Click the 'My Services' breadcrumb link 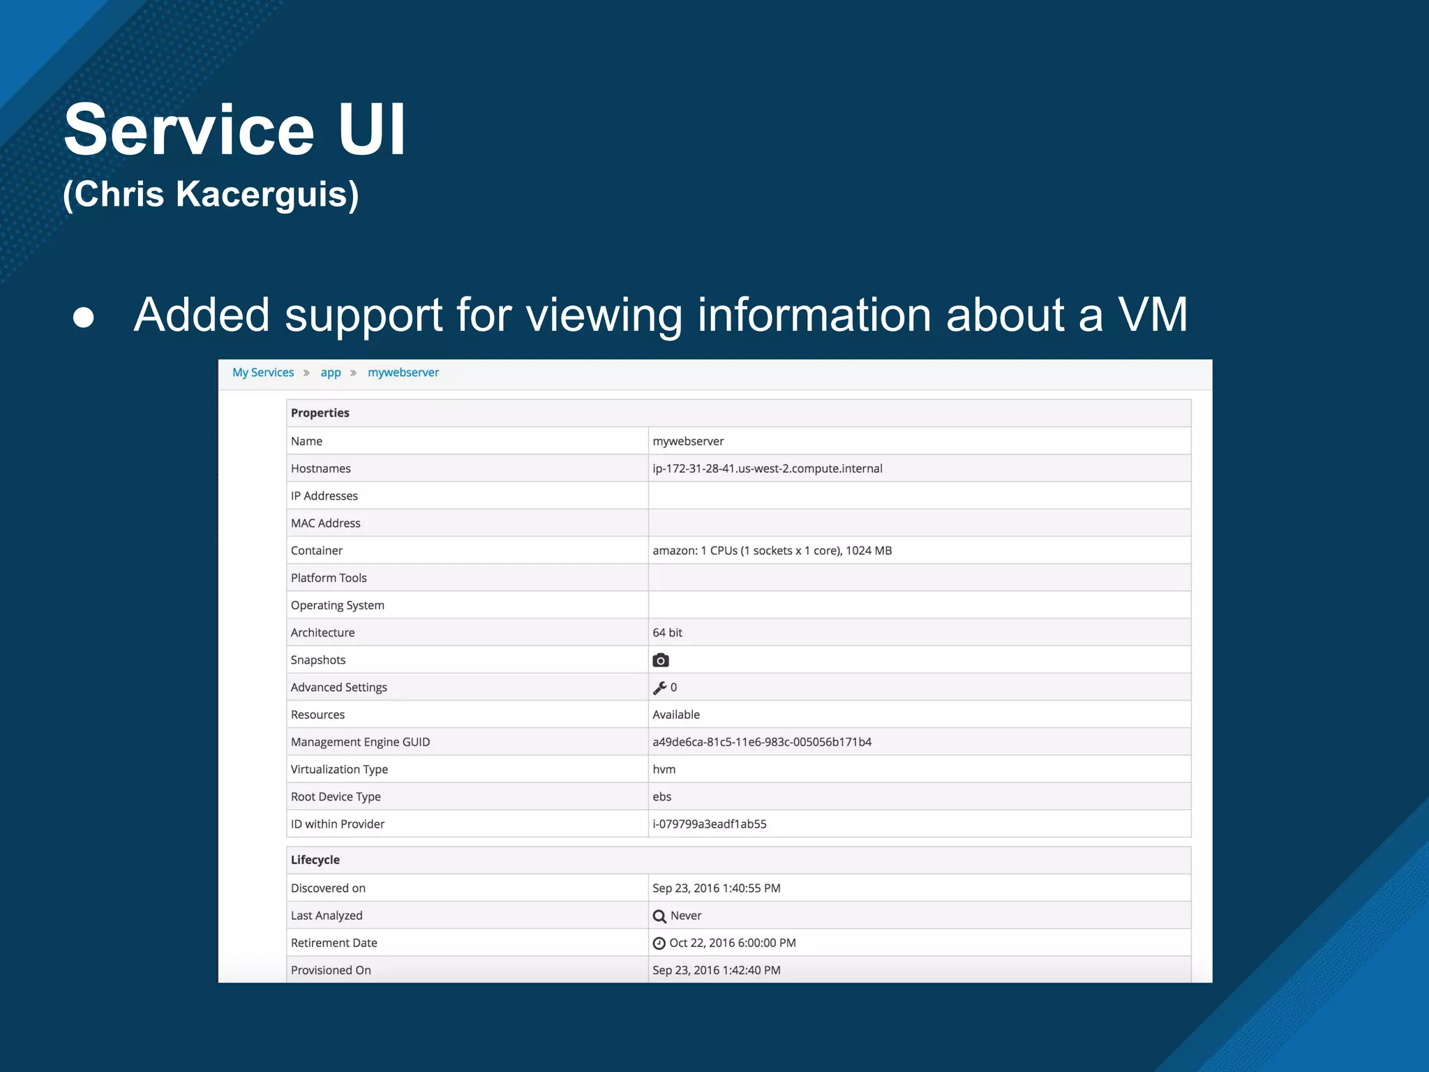tap(263, 373)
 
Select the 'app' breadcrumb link tap(331, 373)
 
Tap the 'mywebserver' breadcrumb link tap(403, 373)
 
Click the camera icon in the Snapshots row tap(660, 660)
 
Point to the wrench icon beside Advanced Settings tap(659, 688)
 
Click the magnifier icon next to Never tap(659, 916)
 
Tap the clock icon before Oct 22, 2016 tap(659, 944)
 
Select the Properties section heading tap(320, 413)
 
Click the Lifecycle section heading tap(315, 861)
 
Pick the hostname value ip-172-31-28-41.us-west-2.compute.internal tap(768, 469)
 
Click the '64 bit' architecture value tap(667, 633)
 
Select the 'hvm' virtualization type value tap(664, 770)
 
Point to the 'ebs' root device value tap(662, 797)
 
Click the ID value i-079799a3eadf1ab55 tap(710, 824)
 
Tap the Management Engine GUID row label tap(360, 743)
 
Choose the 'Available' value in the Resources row tap(676, 715)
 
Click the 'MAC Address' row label tap(326, 523)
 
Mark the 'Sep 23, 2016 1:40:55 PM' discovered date tap(717, 888)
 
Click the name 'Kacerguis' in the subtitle tap(261, 194)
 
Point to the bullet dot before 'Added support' tap(84, 317)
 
